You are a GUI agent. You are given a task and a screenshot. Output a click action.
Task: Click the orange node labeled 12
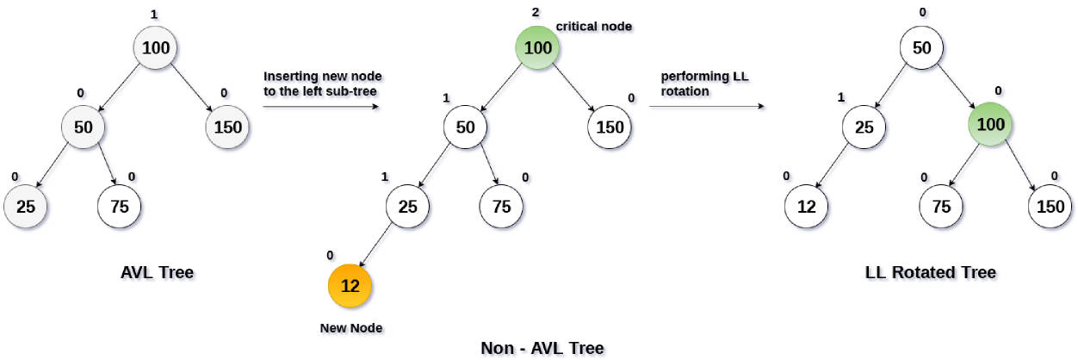pos(350,286)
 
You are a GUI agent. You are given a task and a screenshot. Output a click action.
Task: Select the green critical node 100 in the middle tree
pos(537,47)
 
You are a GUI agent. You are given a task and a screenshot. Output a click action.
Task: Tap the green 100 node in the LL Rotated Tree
pos(990,124)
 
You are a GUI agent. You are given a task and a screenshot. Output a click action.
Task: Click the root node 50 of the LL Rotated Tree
pos(921,47)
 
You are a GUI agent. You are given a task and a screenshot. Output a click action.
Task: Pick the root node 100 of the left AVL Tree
pos(155,47)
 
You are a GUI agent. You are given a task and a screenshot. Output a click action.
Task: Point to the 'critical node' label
pos(594,26)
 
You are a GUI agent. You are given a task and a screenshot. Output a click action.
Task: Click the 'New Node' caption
pos(351,328)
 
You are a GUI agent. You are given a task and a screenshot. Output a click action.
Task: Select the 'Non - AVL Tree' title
pos(542,347)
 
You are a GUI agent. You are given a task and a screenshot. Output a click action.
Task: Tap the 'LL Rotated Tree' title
pos(930,272)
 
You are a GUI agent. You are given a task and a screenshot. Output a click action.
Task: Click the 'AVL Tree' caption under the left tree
pos(157,272)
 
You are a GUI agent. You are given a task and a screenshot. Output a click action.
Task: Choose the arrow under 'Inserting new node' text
pos(321,107)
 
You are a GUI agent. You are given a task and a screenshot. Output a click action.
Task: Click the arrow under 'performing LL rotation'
pos(707,106)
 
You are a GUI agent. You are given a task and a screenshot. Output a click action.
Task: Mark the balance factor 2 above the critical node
pos(536,13)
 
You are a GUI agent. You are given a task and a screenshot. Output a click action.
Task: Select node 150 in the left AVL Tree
pos(227,127)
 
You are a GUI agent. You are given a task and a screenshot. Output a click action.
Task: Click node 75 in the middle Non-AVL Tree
pos(501,207)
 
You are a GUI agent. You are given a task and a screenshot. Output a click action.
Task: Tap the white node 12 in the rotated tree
pos(806,207)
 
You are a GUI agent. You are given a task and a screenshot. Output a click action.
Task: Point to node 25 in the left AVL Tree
pos(26,207)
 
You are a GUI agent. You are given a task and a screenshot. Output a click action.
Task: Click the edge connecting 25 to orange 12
pos(375,245)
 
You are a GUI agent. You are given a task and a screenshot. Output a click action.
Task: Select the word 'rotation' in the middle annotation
pos(685,91)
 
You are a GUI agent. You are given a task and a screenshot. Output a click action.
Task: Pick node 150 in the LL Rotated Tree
pos(1050,207)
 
